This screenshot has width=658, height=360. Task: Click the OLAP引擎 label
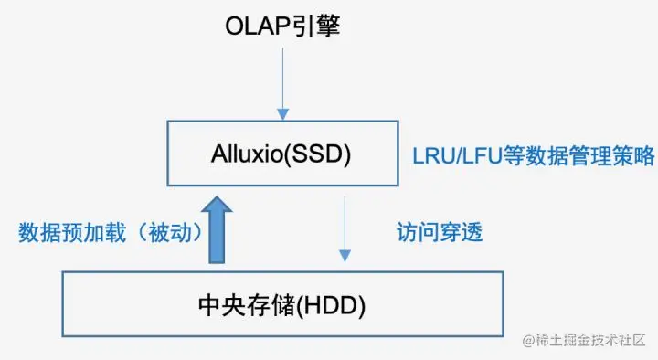pos(282,26)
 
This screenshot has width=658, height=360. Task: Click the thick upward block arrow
pos(217,230)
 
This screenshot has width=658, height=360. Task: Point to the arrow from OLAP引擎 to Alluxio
pos(282,84)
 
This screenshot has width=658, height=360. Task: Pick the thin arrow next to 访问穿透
pos(345,229)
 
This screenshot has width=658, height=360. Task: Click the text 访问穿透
pos(440,232)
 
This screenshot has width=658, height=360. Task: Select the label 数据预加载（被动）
pos(111,232)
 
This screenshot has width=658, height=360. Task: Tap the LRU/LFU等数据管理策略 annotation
pos(534,155)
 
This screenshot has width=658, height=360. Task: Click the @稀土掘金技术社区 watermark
pos(584,340)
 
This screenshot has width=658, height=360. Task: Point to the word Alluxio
pos(247,154)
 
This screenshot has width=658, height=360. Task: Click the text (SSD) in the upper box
pos(317,154)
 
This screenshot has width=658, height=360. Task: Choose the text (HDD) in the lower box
pos(331,306)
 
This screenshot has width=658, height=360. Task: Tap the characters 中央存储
pos(247,305)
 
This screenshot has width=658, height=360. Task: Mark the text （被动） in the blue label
pos(170,232)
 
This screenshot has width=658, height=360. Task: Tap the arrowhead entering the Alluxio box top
pos(282,114)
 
